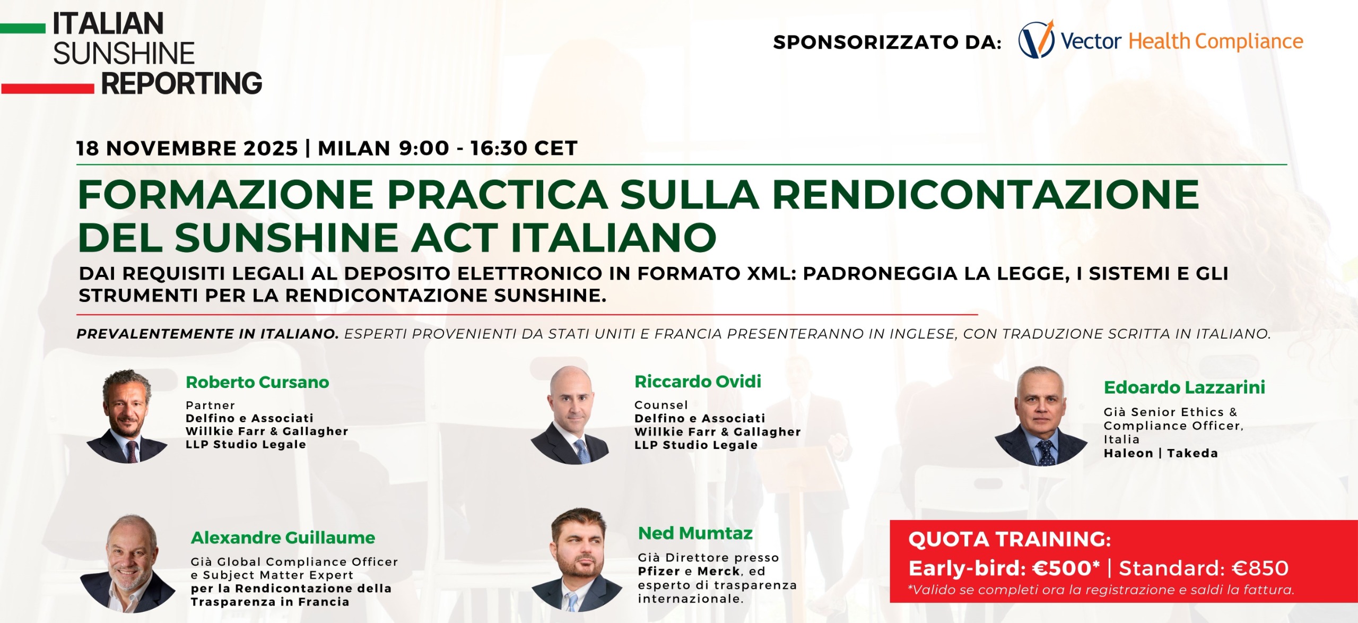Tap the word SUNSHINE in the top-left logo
pos(124,54)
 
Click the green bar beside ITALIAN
pos(23,28)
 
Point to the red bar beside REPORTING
pos(47,88)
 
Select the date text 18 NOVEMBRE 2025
pos(187,148)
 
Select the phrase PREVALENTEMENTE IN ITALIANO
pos(207,334)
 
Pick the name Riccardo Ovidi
pos(698,381)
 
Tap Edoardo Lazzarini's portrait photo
pos(1041,416)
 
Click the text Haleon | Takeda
pos(1161,453)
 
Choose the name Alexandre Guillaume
pos(283,538)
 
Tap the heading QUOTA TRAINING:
pos(1009,540)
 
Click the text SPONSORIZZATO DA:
pos(887,42)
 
